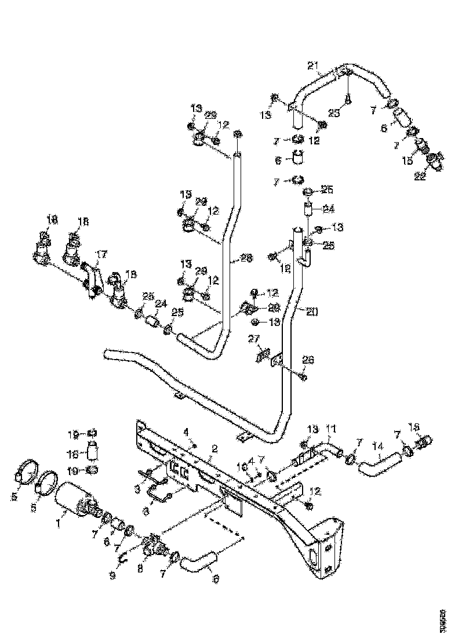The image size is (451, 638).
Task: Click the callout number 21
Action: pos(314,66)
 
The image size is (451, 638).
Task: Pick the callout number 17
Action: pos(102,253)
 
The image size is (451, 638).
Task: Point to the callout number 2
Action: pos(214,448)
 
